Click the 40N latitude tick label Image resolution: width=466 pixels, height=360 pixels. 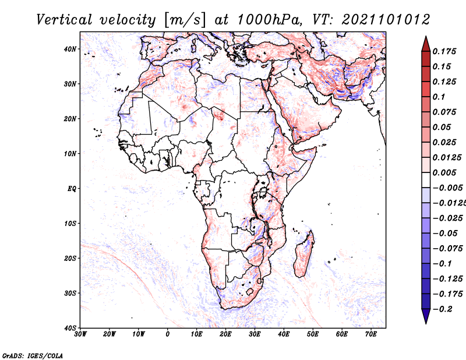70,49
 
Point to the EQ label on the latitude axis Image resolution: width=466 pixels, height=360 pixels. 72,189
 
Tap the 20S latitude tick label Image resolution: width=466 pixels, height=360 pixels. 70,258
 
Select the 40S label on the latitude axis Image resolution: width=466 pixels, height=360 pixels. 70,328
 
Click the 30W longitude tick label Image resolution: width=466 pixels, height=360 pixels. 80,334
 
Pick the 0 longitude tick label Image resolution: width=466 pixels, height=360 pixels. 168,334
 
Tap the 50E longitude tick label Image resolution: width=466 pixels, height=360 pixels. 313,334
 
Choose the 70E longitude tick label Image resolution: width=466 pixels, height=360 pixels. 371,334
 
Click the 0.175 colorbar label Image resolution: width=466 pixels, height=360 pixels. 444,51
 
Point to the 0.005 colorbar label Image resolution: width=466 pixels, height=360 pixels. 444,172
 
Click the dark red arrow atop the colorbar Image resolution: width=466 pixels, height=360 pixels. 426,44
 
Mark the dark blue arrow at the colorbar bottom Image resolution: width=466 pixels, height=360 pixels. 426,316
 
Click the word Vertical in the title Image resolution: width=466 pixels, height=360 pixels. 64,20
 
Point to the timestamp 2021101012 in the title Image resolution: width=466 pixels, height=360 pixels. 386,20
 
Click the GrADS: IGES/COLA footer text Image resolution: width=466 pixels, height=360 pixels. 33,355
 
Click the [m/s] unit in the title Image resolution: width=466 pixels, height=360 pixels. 184,20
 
